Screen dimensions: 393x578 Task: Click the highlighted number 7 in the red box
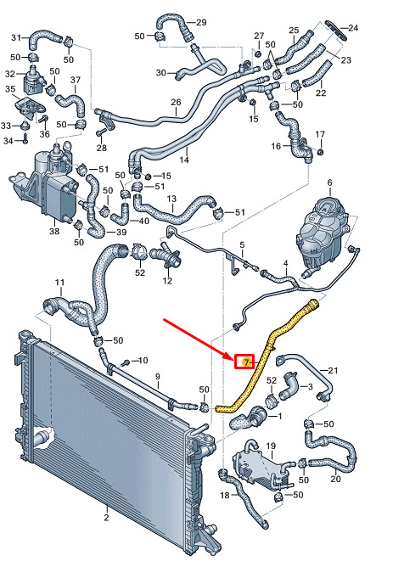pyautogui.click(x=245, y=362)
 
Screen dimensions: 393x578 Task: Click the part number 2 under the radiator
pyautogui.click(x=106, y=518)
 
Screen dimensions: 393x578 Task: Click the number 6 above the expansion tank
pyautogui.click(x=329, y=182)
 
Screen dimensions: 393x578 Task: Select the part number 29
pyautogui.click(x=201, y=22)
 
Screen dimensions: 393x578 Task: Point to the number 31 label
pyautogui.click(x=16, y=37)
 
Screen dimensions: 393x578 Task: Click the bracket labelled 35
pyautogui.click(x=31, y=106)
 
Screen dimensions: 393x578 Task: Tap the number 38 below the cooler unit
pyautogui.click(x=54, y=231)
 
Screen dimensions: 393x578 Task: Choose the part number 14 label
pyautogui.click(x=184, y=160)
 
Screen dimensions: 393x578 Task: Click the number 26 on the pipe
pyautogui.click(x=176, y=102)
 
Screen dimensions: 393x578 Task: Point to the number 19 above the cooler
pyautogui.click(x=271, y=446)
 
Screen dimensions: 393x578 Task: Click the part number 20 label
pyautogui.click(x=335, y=479)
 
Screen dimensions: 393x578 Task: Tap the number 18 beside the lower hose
pyautogui.click(x=225, y=495)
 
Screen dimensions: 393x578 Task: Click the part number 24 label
pyautogui.click(x=353, y=28)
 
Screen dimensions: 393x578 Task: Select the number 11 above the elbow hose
pyautogui.click(x=59, y=283)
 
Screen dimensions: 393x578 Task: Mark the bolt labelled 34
pyautogui.click(x=25, y=138)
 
